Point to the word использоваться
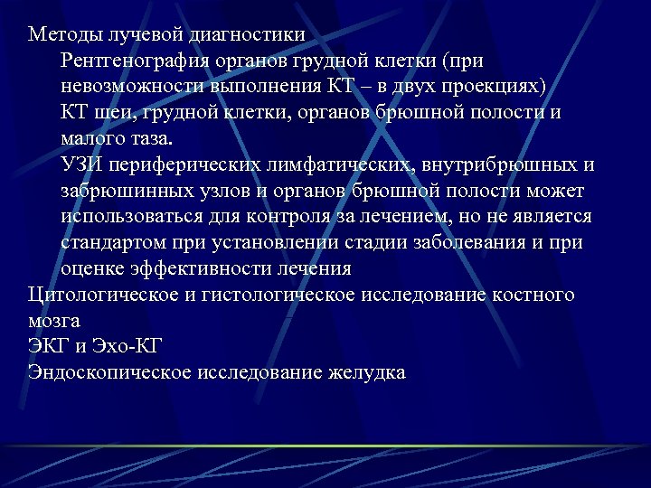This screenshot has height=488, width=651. (x=131, y=217)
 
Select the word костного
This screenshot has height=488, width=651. (x=533, y=296)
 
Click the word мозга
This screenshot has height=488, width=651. (x=53, y=322)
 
